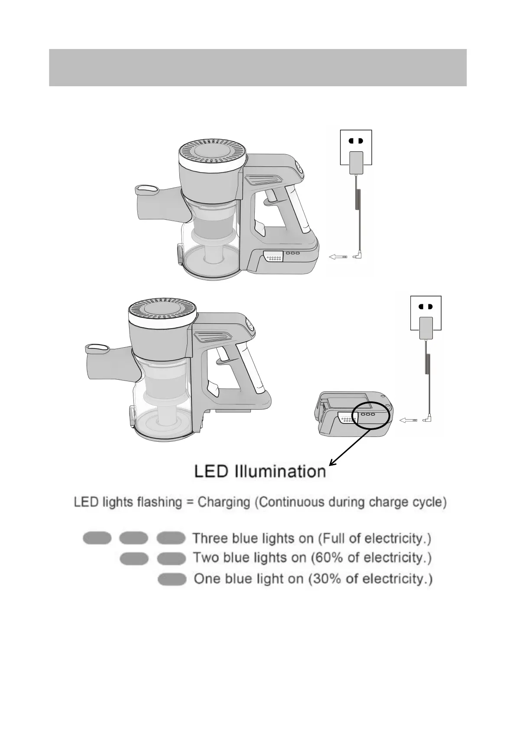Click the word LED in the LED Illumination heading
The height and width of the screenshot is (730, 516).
(211, 471)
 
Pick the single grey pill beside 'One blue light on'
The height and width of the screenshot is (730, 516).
(172, 579)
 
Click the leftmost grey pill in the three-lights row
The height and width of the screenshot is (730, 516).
(97, 538)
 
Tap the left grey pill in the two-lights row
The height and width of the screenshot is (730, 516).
(134, 558)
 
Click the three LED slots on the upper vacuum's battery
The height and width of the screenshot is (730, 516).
(292, 253)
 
